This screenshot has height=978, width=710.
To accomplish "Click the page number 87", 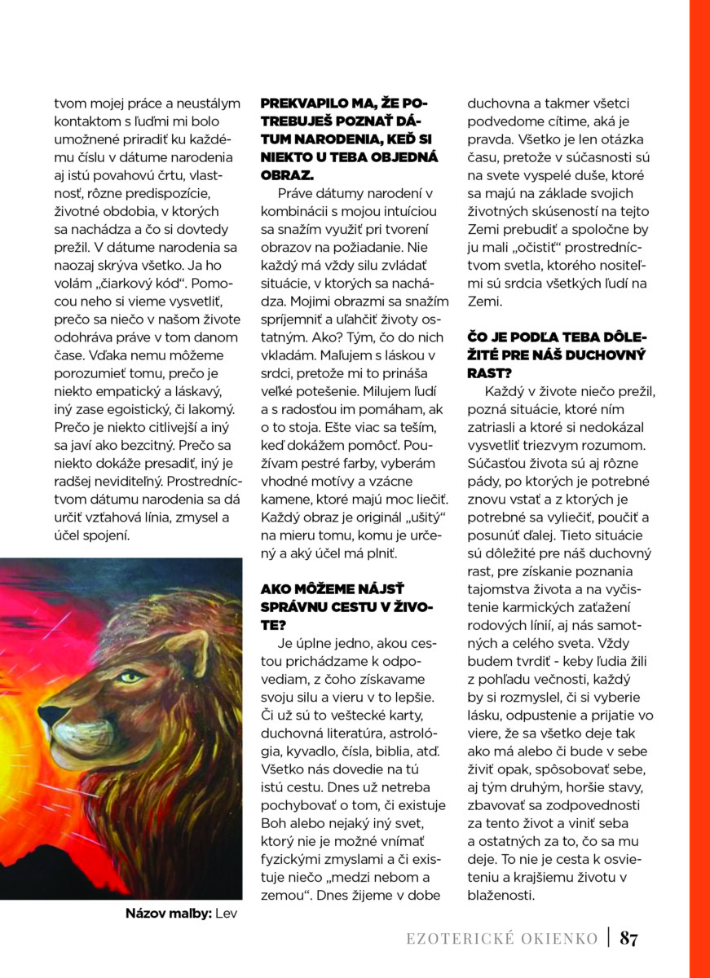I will [628, 938].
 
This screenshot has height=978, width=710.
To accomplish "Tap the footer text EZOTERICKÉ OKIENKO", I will [502, 939].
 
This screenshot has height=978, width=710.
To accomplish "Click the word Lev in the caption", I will [226, 914].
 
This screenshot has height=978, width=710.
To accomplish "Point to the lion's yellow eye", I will [130, 676].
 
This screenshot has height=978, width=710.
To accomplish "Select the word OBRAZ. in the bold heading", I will [284, 175].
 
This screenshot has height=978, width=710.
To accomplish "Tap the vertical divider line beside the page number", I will [608, 938].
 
